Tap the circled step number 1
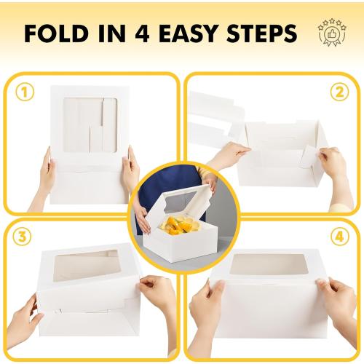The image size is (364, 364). (x=25, y=94)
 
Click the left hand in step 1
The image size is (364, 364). (x=45, y=173)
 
